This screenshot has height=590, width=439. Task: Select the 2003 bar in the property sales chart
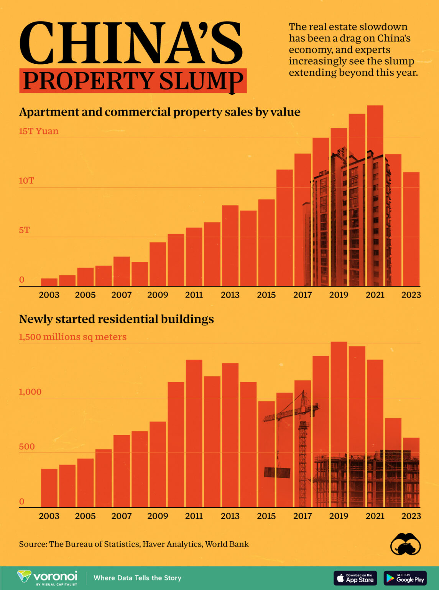click(x=49, y=282)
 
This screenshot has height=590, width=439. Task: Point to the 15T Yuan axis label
click(x=39, y=131)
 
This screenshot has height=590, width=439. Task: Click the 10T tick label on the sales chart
click(x=26, y=181)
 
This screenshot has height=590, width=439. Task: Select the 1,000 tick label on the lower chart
click(x=30, y=392)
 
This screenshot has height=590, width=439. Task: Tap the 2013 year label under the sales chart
click(x=230, y=295)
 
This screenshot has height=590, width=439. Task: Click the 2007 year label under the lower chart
click(x=122, y=516)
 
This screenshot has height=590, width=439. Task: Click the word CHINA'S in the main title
click(x=131, y=43)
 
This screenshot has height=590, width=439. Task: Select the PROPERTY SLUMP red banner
click(x=133, y=81)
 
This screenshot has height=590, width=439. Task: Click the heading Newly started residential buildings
click(x=116, y=319)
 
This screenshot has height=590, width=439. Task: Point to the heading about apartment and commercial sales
click(x=159, y=112)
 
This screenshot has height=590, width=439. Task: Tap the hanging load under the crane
click(x=277, y=472)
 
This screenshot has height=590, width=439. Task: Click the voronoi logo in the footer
click(x=48, y=577)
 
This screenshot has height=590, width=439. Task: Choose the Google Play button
click(x=405, y=578)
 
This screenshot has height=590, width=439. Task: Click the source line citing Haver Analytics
click(x=134, y=544)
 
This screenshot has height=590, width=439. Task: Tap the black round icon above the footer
click(x=405, y=544)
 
